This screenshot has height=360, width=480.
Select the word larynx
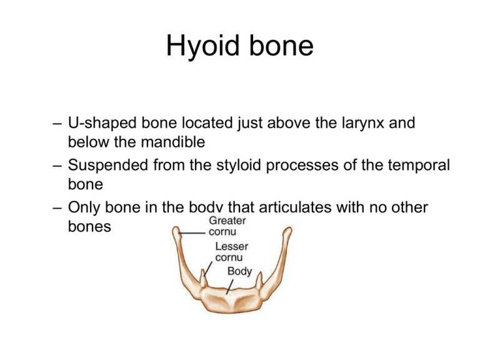pos(364,123)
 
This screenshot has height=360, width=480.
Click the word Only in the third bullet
pos(86,207)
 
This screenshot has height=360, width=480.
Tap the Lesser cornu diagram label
pos(232,251)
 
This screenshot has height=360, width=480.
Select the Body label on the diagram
pos(239,271)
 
